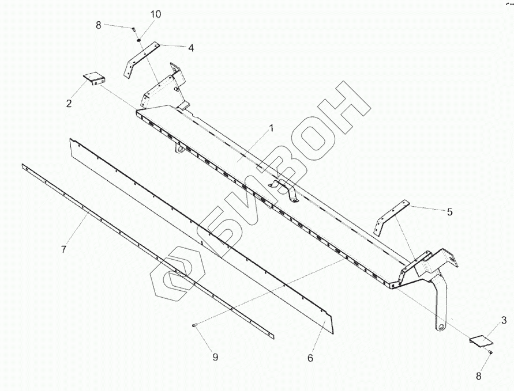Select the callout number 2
pyautogui.click(x=69, y=104)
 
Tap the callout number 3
pyautogui.click(x=504, y=320)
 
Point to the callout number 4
pyautogui.click(x=190, y=48)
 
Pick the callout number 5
pyautogui.click(x=449, y=212)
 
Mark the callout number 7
pyautogui.click(x=64, y=249)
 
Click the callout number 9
pyautogui.click(x=215, y=358)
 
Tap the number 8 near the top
pyautogui.click(x=99, y=25)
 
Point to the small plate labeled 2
pyautogui.click(x=92, y=78)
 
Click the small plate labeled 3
pyautogui.click(x=478, y=341)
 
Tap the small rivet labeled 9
pyautogui.click(x=196, y=326)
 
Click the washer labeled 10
pyautogui.click(x=139, y=40)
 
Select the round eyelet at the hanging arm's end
pyautogui.click(x=442, y=328)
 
